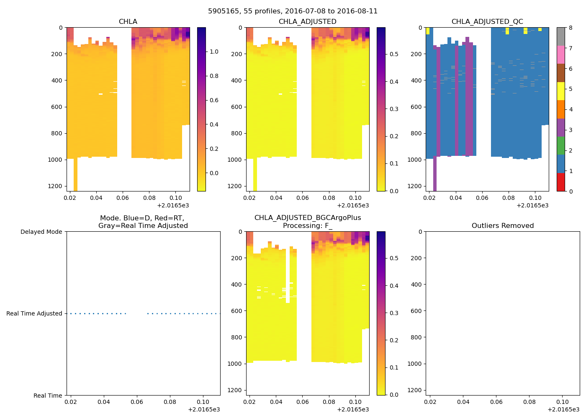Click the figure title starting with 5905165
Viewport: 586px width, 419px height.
293,11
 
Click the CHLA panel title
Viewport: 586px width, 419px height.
128,22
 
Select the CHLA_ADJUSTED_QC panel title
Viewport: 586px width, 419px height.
487,22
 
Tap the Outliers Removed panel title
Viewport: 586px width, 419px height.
502,226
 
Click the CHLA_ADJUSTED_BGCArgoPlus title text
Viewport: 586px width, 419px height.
307,218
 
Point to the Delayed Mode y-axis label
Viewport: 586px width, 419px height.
41,232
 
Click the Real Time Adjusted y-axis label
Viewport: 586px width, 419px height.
34,313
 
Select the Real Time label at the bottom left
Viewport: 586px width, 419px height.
48,396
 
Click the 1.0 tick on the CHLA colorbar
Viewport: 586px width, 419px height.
214,52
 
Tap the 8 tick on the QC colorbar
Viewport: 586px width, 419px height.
571,28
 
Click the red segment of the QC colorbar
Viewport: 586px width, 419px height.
561,182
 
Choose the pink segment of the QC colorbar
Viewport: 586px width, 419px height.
561,54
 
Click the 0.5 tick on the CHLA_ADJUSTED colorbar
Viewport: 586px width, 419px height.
394,54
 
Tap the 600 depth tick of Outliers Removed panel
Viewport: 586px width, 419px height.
416,311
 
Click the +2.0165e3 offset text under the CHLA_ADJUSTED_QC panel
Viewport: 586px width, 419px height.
532,205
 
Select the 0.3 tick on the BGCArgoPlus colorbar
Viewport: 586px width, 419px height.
394,313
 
